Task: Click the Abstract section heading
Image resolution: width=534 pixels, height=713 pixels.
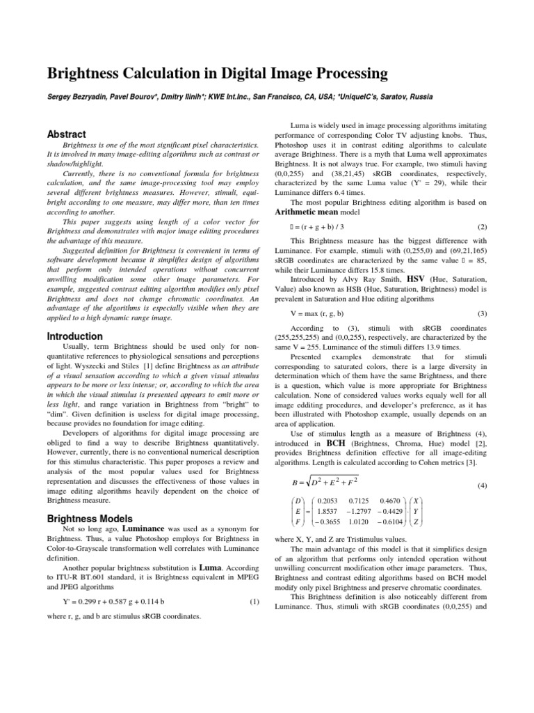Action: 66,134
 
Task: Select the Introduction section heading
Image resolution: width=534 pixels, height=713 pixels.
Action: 74,336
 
